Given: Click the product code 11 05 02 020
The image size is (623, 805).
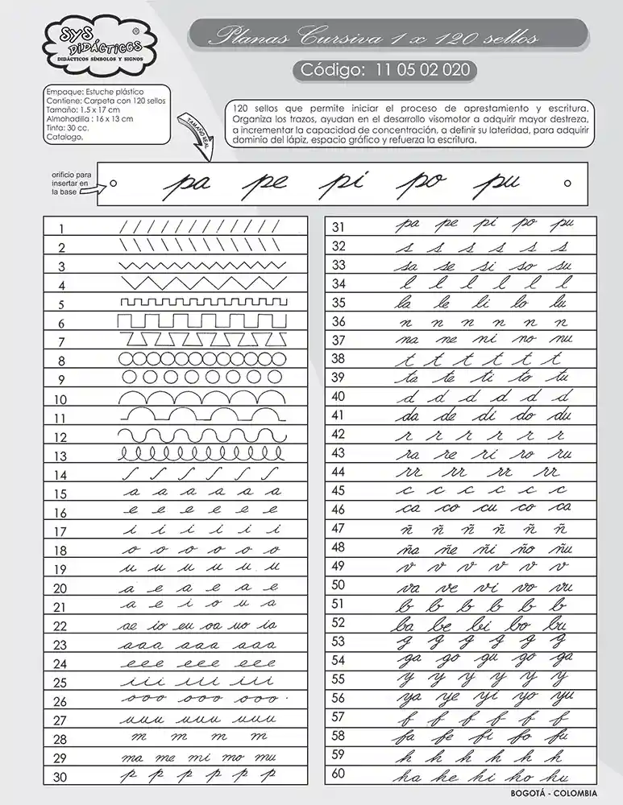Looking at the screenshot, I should [x=385, y=70].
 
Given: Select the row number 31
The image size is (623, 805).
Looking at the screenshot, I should [x=338, y=227].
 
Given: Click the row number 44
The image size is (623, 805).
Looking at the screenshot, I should [x=338, y=472].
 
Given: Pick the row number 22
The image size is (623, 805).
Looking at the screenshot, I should [x=60, y=626].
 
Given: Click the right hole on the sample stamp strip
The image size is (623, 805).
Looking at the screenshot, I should [x=568, y=183].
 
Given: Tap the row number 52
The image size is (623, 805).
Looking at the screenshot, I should [x=338, y=622].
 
